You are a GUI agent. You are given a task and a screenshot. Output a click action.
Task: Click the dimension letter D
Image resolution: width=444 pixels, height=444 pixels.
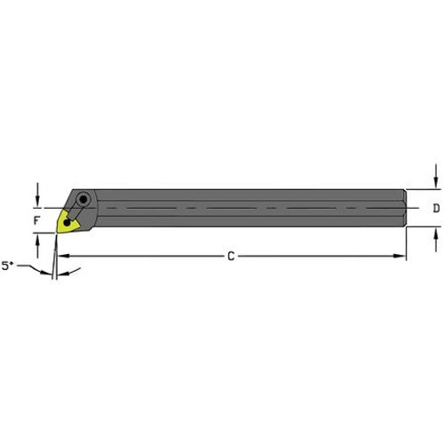point(435,209)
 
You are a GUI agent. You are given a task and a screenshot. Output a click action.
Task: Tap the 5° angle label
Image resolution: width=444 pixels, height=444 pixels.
point(8,265)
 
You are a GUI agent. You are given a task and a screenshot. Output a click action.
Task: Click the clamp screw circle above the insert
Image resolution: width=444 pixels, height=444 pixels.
point(83,200)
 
